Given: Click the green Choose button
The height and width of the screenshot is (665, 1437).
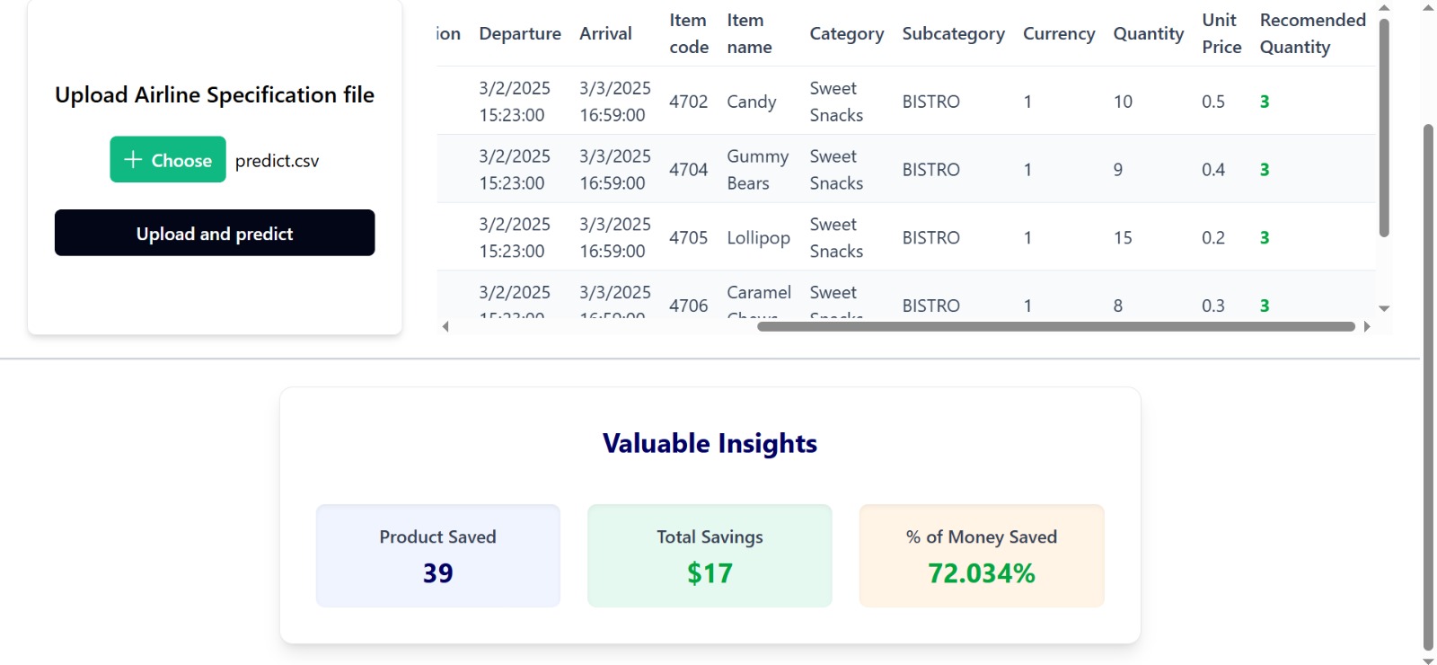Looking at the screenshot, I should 168,160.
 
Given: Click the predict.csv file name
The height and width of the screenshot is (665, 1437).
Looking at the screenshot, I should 277,161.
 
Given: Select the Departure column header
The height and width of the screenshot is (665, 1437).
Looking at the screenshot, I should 520,33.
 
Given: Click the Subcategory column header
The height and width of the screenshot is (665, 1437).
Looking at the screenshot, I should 953,33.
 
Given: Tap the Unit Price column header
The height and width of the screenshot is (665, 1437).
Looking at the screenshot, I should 1221,33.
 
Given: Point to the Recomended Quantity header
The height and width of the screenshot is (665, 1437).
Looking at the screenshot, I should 1312,33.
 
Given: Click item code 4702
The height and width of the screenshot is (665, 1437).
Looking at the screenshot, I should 688,102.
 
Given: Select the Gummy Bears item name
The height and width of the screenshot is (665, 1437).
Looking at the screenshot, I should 757,170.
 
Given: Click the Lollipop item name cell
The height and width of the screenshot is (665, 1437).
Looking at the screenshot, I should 758,238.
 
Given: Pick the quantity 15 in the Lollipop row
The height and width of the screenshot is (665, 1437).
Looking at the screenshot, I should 1123,238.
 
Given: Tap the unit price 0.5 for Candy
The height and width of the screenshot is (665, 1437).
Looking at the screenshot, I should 1213,102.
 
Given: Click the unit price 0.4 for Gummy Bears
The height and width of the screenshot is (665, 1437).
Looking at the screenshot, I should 1213,170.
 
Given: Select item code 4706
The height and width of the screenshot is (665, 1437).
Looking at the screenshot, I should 688,306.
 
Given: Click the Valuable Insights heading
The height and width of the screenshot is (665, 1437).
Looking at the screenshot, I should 710,443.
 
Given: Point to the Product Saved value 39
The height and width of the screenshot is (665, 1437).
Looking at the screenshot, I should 437,573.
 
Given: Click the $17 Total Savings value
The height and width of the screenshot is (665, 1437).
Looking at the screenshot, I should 710,573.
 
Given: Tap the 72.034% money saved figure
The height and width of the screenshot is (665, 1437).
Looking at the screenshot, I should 981,573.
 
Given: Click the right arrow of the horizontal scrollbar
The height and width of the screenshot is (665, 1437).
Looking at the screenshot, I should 1367,327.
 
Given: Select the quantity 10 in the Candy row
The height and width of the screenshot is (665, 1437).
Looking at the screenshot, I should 1123,102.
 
